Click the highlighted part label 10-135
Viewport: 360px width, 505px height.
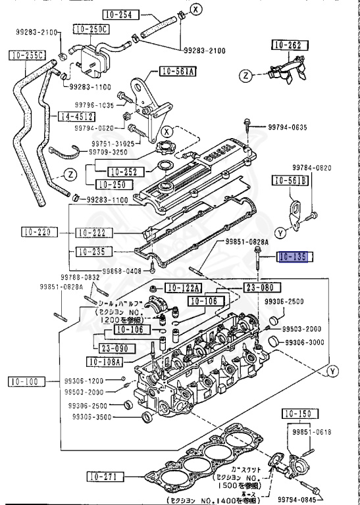pos(292,258)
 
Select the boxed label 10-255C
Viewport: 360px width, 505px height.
pos(27,55)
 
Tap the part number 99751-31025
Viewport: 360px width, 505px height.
pos(113,143)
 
